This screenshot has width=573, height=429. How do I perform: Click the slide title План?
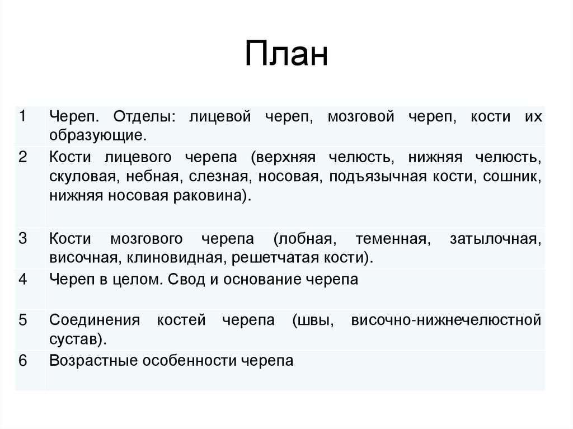coord(286,55)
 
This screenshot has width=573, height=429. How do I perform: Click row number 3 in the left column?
coord(22,239)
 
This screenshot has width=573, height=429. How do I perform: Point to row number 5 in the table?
coord(22,320)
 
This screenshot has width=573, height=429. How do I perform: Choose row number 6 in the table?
coord(22,360)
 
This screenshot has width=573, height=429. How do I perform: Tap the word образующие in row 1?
coord(98,135)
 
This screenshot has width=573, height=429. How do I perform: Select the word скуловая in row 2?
coord(83,177)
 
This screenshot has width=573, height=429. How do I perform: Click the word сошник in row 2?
coord(514,177)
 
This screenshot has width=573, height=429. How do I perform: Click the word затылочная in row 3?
coord(495,239)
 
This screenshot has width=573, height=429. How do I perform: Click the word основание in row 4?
coord(261,279)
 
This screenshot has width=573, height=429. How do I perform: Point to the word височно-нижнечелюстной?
coord(447,320)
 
